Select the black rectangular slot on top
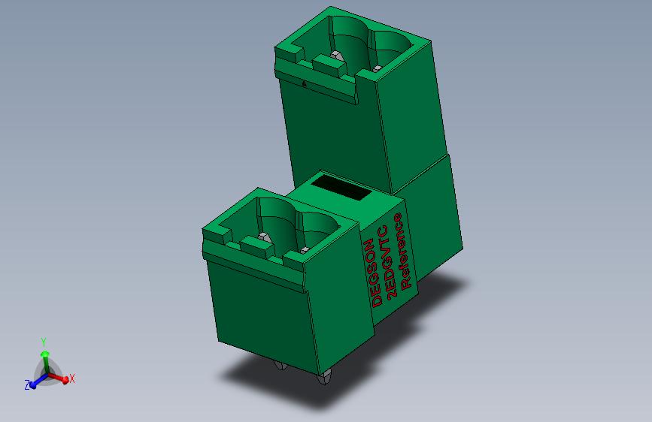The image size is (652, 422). [x=342, y=187]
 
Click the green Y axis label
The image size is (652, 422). [x=44, y=342]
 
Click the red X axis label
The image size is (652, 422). [x=72, y=378]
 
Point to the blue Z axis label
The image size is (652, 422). [x=26, y=384]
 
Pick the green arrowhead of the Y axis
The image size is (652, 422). [x=44, y=353]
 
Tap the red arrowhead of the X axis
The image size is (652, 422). [x=65, y=380]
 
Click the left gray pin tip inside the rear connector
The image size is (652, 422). [x=336, y=55]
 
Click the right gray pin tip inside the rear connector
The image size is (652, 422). [x=376, y=68]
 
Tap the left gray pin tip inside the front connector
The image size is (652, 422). [x=263, y=237]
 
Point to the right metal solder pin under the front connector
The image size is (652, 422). [x=325, y=377]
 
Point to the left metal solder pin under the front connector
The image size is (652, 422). [x=280, y=366]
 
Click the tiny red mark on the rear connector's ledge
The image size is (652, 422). [x=305, y=84]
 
